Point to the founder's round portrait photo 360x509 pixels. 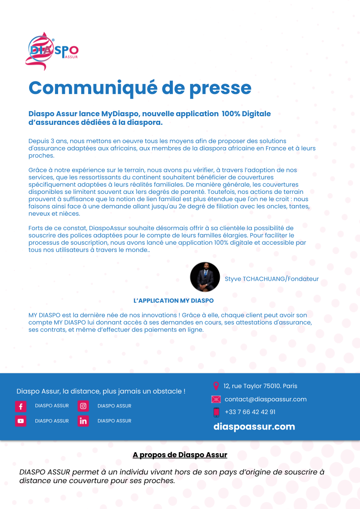click(205, 277)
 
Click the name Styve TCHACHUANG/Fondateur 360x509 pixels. click(271, 279)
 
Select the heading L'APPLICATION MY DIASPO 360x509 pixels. click(173, 301)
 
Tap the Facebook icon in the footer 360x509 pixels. click(21, 406)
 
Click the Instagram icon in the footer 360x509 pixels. click(83, 406)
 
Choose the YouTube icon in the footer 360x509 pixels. click(21, 421)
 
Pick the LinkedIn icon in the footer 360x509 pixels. click(83, 421)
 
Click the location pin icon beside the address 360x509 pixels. click(216, 386)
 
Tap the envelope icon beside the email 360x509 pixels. click(216, 400)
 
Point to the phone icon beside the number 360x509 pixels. click(217, 412)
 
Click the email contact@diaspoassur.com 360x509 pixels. click(266, 400)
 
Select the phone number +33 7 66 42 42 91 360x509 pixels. click(250, 412)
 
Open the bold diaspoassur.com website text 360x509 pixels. click(254, 427)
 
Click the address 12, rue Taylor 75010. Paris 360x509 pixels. click(260, 386)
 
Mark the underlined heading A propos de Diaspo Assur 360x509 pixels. click(180, 455)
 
